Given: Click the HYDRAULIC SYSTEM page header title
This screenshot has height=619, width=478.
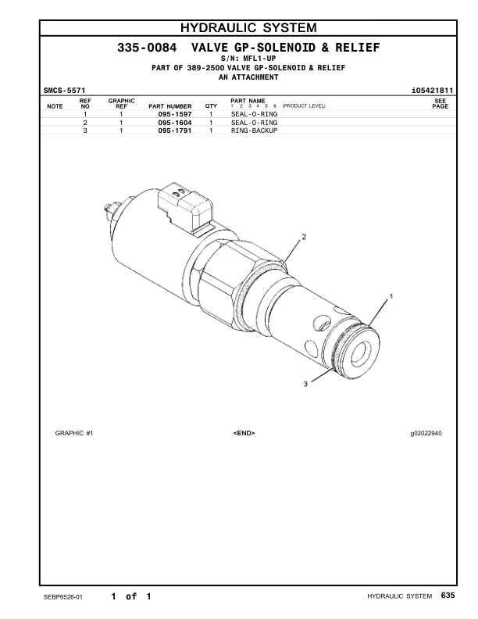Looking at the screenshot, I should click(x=238, y=30).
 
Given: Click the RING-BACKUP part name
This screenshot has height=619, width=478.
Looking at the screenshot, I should click(x=254, y=131).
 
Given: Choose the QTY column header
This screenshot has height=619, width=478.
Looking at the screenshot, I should click(x=210, y=106).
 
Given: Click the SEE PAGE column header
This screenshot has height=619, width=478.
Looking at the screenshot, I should click(x=440, y=103).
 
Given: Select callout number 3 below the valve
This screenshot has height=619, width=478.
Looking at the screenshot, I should click(x=305, y=382).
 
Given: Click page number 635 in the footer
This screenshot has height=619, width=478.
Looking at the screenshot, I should click(x=447, y=596).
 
